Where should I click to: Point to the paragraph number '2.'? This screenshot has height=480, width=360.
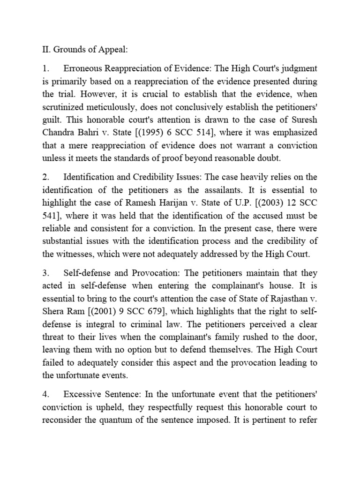pyautogui.click(x=46, y=177)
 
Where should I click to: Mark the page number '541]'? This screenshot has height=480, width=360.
pyautogui.click(x=52, y=216)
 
